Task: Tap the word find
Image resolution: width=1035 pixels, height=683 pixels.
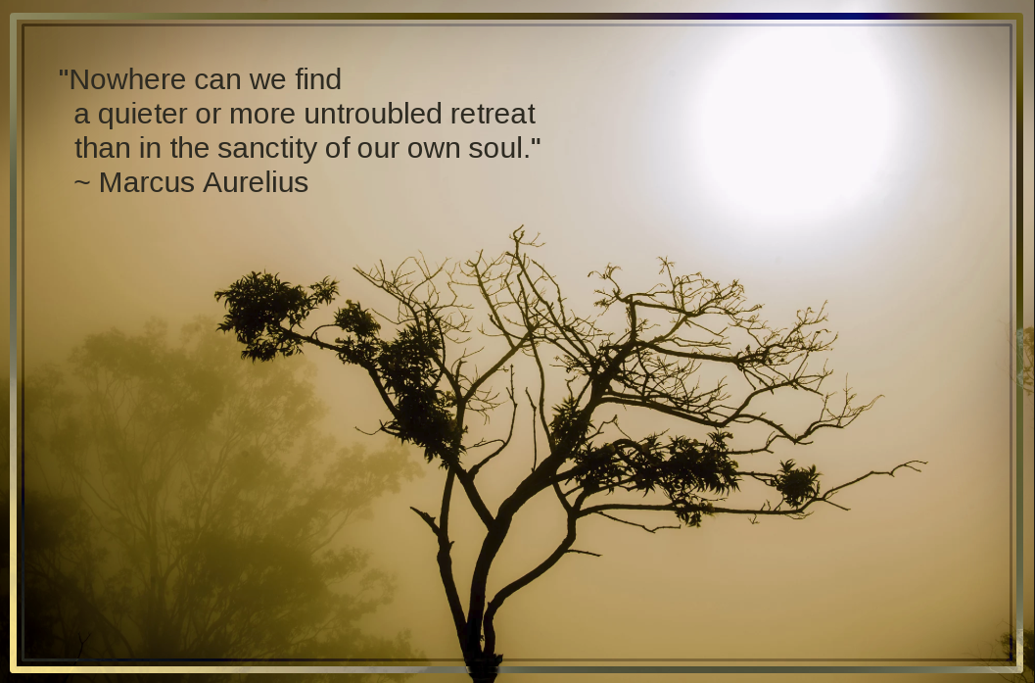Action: pyautogui.click(x=318, y=79)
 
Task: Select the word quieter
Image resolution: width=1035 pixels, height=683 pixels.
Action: pyautogui.click(x=143, y=115)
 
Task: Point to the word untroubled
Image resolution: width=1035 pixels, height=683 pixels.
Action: pyautogui.click(x=373, y=114)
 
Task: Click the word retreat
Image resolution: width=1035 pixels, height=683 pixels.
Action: pyautogui.click(x=494, y=115)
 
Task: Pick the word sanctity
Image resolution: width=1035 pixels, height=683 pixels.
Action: pyautogui.click(x=267, y=149)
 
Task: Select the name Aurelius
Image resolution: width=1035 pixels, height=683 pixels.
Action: pyautogui.click(x=256, y=182)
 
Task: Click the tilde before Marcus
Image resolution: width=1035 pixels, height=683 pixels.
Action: pyautogui.click(x=82, y=181)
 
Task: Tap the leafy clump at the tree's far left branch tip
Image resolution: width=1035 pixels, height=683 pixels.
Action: pyautogui.click(x=264, y=314)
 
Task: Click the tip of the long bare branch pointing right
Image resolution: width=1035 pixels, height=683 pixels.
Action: pyautogui.click(x=924, y=463)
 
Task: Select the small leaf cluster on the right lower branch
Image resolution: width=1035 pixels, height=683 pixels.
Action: pyautogui.click(x=797, y=483)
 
